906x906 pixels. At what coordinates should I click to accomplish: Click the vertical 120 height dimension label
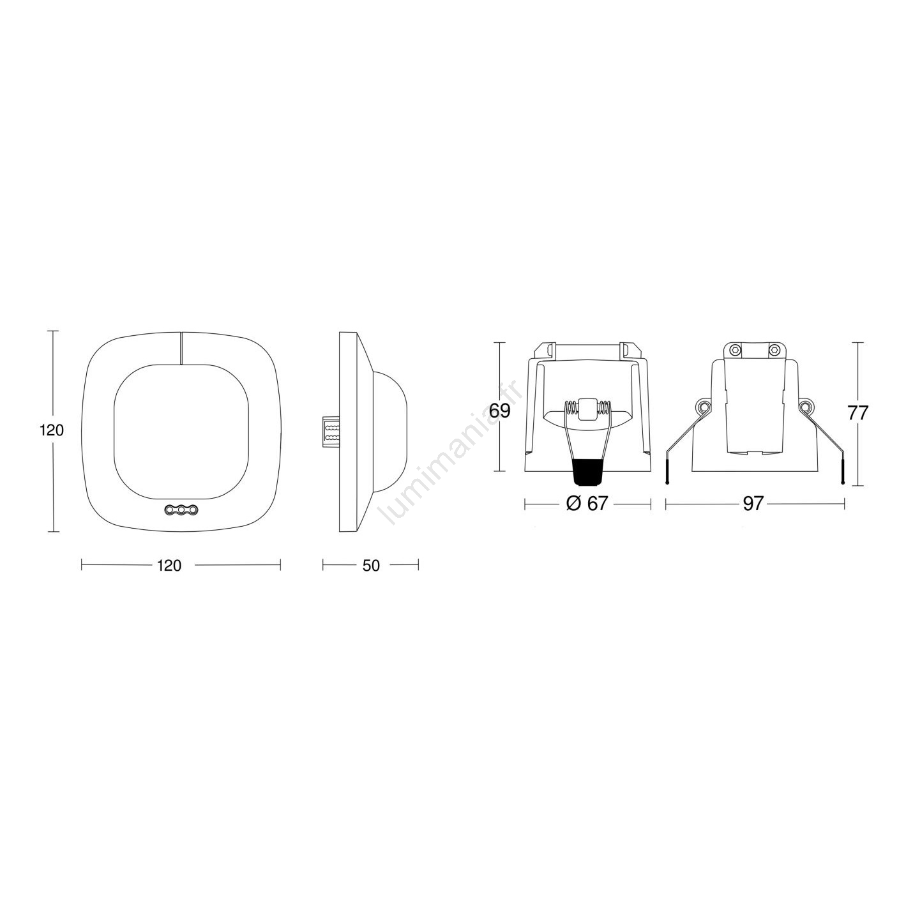[52, 430]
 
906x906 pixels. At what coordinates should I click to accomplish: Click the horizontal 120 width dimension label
[169, 566]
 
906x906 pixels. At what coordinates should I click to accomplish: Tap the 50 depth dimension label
[371, 566]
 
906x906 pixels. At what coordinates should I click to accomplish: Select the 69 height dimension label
[499, 411]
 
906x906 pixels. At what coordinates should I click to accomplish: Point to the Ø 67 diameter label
[587, 504]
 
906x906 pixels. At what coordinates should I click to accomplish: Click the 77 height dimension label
[857, 413]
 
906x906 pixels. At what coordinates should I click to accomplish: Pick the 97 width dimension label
[753, 504]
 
